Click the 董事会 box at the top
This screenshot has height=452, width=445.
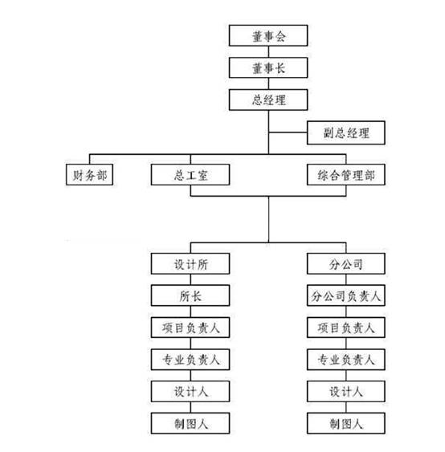pyautogui.click(x=268, y=35)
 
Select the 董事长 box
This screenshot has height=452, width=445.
pyautogui.click(x=268, y=67)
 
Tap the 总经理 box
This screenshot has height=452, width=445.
pyautogui.click(x=268, y=100)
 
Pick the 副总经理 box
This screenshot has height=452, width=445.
pyautogui.click(x=345, y=133)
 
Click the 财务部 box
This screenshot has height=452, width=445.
pyautogui.click(x=89, y=175)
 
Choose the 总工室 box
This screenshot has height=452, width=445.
pyautogui.click(x=190, y=175)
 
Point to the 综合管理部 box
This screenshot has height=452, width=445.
pyautogui.click(x=345, y=175)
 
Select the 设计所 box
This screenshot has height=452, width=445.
pyautogui.click(x=190, y=264)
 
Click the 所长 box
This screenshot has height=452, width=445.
pyautogui.click(x=190, y=295)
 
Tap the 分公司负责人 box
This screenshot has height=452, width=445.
pyautogui.click(x=345, y=295)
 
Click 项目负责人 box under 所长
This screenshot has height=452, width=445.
pyautogui.click(x=190, y=328)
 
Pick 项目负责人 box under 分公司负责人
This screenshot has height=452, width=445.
pyautogui.click(x=345, y=328)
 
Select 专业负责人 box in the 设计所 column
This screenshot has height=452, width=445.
pyautogui.click(x=190, y=360)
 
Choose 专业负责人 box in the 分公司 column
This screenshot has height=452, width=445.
pyautogui.click(x=345, y=360)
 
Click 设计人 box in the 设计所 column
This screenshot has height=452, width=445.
pyautogui.click(x=190, y=391)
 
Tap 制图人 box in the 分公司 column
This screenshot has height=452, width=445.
pyautogui.click(x=345, y=423)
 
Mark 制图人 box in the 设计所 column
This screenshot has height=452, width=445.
pyautogui.click(x=190, y=423)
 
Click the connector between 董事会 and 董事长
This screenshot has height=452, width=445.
pyautogui.click(x=268, y=52)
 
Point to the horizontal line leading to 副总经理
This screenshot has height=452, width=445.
pyautogui.click(x=288, y=132)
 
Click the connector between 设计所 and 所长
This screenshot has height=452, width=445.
pyautogui.click(x=190, y=279)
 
